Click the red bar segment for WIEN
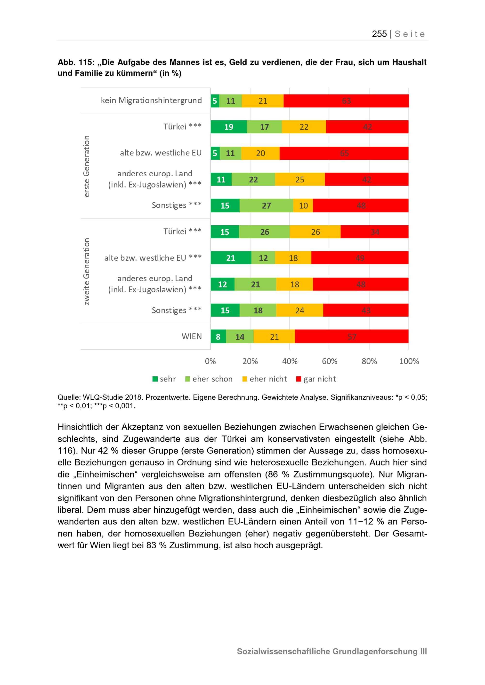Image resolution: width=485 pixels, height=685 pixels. [x=352, y=336]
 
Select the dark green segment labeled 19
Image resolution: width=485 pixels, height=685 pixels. [x=229, y=127]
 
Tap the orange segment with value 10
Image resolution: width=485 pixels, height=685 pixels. [x=303, y=206]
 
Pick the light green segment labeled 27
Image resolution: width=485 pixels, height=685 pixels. [x=267, y=206]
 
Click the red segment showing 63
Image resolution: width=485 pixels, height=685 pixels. [x=346, y=101]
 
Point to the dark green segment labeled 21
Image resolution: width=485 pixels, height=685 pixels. [x=231, y=258]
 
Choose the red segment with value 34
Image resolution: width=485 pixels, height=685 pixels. [x=374, y=232]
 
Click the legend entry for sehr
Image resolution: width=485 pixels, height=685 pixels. [x=164, y=379]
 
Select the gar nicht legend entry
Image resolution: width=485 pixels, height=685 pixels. [x=316, y=379]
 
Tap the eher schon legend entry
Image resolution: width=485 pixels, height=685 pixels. [x=209, y=379]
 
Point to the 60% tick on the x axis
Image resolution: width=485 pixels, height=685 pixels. [x=329, y=361]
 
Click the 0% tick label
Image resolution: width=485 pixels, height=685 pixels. [x=210, y=361]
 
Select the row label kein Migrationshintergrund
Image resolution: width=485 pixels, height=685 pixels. [x=151, y=101]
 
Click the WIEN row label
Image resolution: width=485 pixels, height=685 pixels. [x=192, y=336]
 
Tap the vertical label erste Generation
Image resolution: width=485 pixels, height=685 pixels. [x=86, y=166]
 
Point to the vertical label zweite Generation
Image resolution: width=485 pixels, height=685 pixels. [x=86, y=271]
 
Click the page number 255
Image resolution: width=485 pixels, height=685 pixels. [x=379, y=34]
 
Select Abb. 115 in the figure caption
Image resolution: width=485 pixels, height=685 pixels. [x=76, y=62]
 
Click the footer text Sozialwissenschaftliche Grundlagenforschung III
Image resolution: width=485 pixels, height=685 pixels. [x=332, y=652]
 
